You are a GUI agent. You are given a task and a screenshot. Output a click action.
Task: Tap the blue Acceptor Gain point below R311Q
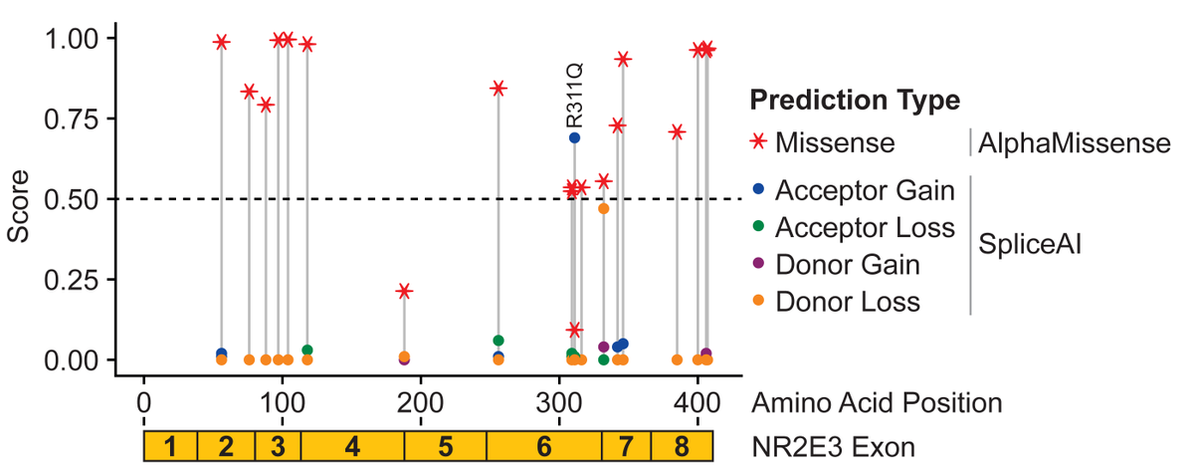(x=575, y=137)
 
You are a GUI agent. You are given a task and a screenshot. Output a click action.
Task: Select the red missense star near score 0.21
(x=404, y=291)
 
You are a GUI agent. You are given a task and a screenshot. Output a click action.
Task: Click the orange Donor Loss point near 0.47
(x=603, y=208)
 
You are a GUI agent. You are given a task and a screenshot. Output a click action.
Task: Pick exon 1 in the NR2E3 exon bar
(x=170, y=446)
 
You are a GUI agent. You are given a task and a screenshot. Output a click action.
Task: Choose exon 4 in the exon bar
(x=352, y=446)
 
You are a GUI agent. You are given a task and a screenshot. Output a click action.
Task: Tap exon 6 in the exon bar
(x=543, y=446)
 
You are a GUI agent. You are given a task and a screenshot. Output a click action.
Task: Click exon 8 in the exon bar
(x=682, y=446)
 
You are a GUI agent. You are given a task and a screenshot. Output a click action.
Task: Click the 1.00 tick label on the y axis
(x=71, y=38)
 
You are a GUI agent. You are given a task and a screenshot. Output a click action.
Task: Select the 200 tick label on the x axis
(x=421, y=402)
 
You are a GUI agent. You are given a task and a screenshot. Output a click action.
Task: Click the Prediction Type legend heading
(x=855, y=100)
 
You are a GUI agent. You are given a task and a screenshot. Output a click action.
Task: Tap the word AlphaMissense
(x=1074, y=143)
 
